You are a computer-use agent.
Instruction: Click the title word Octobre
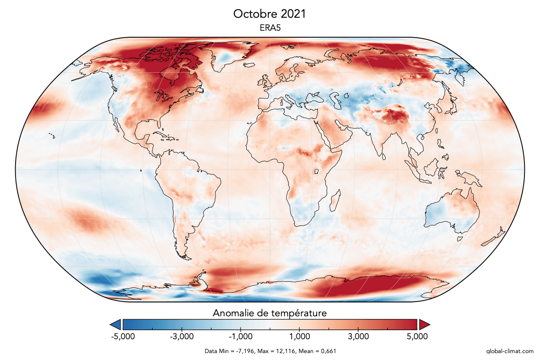coord(251,14)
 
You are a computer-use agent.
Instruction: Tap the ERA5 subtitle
coord(270,27)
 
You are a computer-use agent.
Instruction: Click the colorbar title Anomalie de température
coord(270,312)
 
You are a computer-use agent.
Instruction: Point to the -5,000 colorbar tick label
coord(123,336)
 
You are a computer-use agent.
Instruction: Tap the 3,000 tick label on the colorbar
coord(358,336)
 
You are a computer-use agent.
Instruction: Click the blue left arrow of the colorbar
coord(116,325)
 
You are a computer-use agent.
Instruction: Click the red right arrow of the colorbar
coord(424,325)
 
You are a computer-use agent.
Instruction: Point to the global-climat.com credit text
coord(510,351)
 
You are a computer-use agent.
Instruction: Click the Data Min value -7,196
coord(243,351)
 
